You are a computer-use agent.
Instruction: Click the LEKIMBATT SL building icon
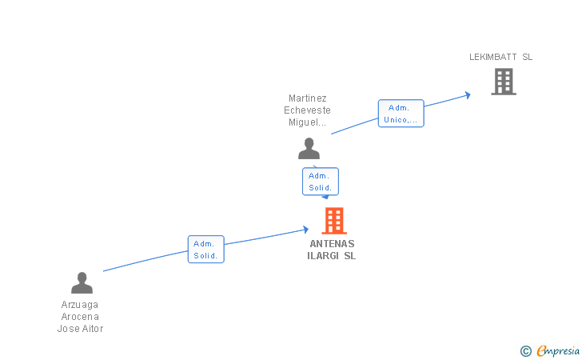click(x=504, y=82)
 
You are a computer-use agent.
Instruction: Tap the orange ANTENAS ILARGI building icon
click(x=334, y=221)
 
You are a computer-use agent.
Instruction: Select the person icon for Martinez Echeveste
click(x=309, y=148)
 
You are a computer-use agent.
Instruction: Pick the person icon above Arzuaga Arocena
click(x=82, y=282)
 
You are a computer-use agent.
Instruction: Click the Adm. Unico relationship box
click(x=401, y=114)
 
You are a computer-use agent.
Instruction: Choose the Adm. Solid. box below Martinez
click(x=321, y=182)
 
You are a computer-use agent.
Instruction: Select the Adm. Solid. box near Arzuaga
click(x=206, y=250)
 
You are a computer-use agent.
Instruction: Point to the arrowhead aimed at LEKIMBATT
click(x=468, y=95)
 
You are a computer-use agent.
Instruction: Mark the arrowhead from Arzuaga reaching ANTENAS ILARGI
click(x=306, y=230)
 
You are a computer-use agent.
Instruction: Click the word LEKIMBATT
click(x=493, y=57)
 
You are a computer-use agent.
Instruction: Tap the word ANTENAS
click(x=333, y=244)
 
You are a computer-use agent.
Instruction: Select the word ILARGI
click(x=323, y=256)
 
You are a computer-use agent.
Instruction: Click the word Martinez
click(x=308, y=98)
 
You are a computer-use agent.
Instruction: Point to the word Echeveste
click(x=307, y=110)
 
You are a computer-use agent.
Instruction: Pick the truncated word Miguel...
click(x=307, y=122)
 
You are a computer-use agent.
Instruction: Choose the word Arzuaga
click(x=80, y=305)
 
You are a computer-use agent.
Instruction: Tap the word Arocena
click(x=80, y=317)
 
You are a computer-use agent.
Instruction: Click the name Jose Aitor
click(x=80, y=329)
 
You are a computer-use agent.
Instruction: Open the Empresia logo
click(x=558, y=350)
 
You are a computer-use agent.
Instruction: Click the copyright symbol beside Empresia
click(x=526, y=351)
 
